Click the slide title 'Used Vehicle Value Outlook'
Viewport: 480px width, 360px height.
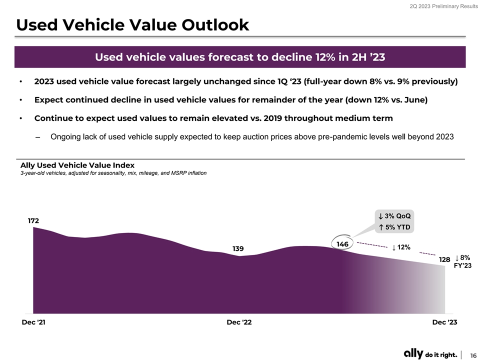pyautogui.click(x=132, y=24)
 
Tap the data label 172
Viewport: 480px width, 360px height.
pyautogui.click(x=33, y=220)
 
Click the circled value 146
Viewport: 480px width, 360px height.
pyautogui.click(x=342, y=244)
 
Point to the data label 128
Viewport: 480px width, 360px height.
pyautogui.click(x=444, y=259)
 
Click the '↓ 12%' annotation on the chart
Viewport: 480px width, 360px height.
pyautogui.click(x=401, y=247)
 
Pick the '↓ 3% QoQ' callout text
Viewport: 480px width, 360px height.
pyautogui.click(x=394, y=216)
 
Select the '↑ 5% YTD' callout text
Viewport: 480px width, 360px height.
pyautogui.click(x=394, y=227)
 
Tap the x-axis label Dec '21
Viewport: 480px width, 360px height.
pyautogui.click(x=33, y=322)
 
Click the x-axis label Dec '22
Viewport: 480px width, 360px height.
pyautogui.click(x=239, y=322)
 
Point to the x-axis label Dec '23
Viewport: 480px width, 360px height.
pyautogui.click(x=444, y=322)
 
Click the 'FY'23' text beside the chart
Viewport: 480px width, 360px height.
pyautogui.click(x=462, y=265)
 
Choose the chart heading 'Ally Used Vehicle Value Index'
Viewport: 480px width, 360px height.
pyautogui.click(x=77, y=165)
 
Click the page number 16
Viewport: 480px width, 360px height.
pyautogui.click(x=472, y=353)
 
